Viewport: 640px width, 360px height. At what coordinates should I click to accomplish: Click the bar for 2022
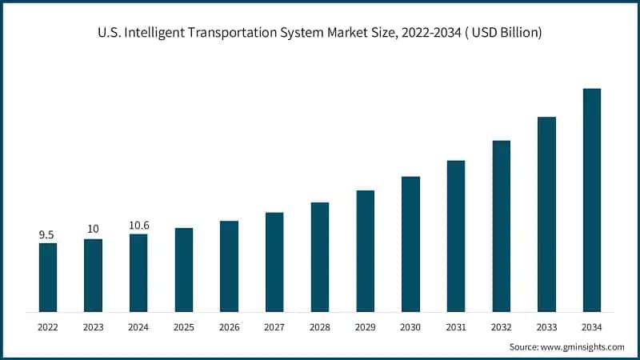[48, 277]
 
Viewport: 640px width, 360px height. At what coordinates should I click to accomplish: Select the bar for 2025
[184, 270]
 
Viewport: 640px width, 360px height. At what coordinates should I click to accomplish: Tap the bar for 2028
[320, 257]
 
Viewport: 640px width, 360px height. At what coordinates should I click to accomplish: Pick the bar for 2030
[410, 244]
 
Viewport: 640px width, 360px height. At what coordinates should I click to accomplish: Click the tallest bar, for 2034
[592, 200]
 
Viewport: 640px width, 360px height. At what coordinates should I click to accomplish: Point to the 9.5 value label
[47, 234]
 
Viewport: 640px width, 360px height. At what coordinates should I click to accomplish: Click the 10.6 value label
[138, 226]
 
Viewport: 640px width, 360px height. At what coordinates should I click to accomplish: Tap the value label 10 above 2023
[93, 230]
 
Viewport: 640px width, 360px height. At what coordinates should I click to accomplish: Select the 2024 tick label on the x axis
[138, 326]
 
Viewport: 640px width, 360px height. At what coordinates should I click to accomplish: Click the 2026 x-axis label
[230, 326]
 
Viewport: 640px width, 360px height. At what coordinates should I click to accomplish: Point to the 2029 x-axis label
[366, 326]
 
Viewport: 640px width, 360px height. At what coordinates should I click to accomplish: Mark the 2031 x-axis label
[456, 326]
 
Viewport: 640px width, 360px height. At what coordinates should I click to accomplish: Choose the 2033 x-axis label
[546, 326]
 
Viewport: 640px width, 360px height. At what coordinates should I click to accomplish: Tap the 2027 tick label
[274, 326]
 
